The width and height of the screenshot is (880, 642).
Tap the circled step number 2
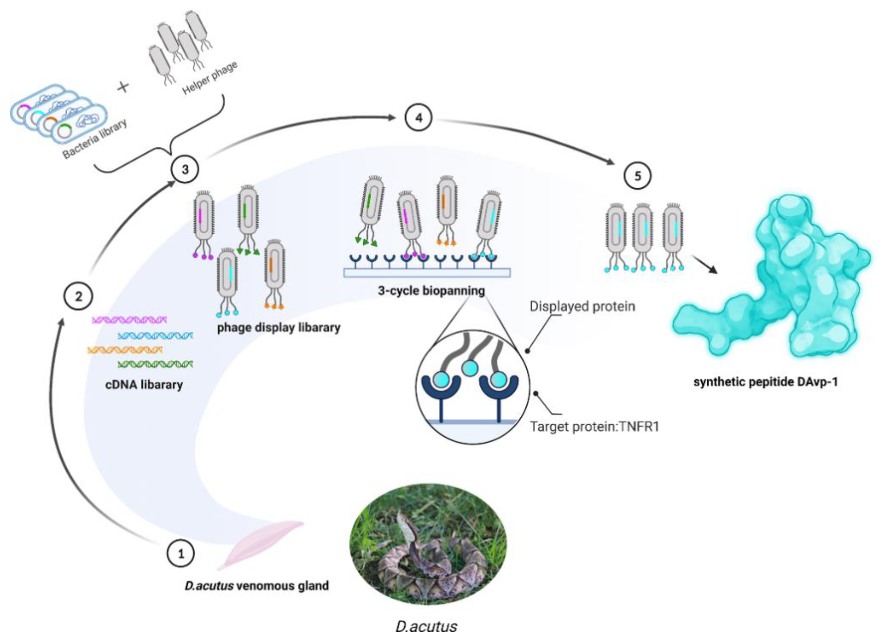pyautogui.click(x=79, y=297)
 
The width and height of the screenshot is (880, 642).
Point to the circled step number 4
pyautogui.click(x=419, y=117)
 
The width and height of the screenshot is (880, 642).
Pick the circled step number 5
pyautogui.click(x=638, y=176)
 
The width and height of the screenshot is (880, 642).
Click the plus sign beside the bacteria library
pyautogui.click(x=124, y=86)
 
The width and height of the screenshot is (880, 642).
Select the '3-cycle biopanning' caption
pyautogui.click(x=432, y=291)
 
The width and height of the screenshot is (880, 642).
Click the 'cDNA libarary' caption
pyautogui.click(x=144, y=385)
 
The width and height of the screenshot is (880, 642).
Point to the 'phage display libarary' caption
pyautogui.click(x=278, y=328)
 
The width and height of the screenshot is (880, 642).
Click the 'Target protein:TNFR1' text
pyautogui.click(x=595, y=427)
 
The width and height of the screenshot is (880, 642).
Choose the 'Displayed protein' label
pyautogui.click(x=582, y=306)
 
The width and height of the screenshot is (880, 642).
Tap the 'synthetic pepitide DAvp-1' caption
pyautogui.click(x=765, y=382)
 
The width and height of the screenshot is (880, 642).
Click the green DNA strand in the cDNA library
pyautogui.click(x=155, y=364)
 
